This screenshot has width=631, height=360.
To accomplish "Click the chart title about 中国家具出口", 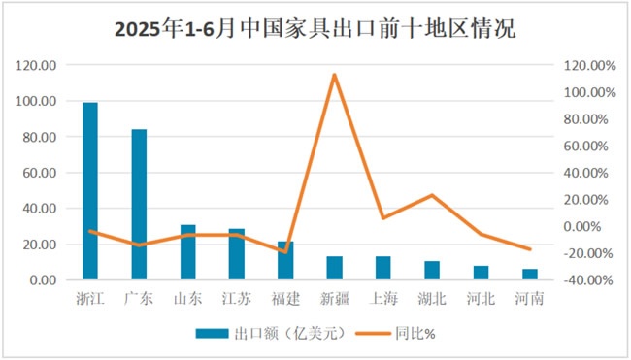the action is pos(315,29).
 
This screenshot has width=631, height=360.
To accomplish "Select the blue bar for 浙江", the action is pos(90,191).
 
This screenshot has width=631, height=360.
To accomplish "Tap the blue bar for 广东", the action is pos(139,205).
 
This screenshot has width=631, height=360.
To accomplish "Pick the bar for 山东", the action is pos(188,252).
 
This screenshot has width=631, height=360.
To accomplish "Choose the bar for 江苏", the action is pos(237,254).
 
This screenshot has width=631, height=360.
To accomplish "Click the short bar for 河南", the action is pos(530,275).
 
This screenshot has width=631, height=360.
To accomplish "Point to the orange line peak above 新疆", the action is pos(334,75).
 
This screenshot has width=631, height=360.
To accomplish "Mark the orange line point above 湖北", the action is pos(432,195).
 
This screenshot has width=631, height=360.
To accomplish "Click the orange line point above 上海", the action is pos(383,217).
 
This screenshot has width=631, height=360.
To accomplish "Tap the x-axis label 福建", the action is pos(285,299).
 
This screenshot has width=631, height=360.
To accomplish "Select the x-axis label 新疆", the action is pos(334,299).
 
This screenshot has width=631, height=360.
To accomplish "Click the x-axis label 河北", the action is pos(481,299).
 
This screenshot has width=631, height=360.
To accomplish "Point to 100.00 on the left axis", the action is pos(36,101).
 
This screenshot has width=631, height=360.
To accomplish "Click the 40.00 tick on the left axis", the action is pos(40,209).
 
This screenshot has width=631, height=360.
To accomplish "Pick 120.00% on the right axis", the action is pos(589,66).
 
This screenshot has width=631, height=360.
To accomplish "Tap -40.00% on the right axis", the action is pos(588,280).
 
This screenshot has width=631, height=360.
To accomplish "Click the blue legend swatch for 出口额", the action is pos(212,334).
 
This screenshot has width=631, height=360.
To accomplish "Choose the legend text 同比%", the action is pos(415,334).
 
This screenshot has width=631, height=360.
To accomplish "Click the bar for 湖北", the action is pos(432,271).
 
